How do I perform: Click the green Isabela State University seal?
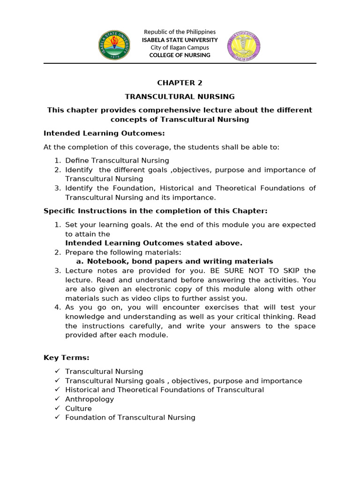[x=114, y=45]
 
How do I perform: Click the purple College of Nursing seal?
[x=244, y=45]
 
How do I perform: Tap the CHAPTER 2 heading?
[x=180, y=83]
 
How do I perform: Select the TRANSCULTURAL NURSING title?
[x=180, y=97]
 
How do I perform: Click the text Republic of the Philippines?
[x=180, y=32]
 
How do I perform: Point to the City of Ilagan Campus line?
[x=180, y=47]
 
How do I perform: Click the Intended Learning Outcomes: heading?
[x=104, y=133]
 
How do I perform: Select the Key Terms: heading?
[x=66, y=358]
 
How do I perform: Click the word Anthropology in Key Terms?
[x=89, y=399]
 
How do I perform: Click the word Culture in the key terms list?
[x=78, y=408]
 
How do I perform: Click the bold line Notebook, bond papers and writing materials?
[x=180, y=261]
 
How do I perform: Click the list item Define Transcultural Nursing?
[x=117, y=161]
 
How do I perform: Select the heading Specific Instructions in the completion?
[x=155, y=211]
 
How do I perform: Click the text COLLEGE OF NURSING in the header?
[x=180, y=55]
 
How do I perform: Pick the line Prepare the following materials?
[x=123, y=252]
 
